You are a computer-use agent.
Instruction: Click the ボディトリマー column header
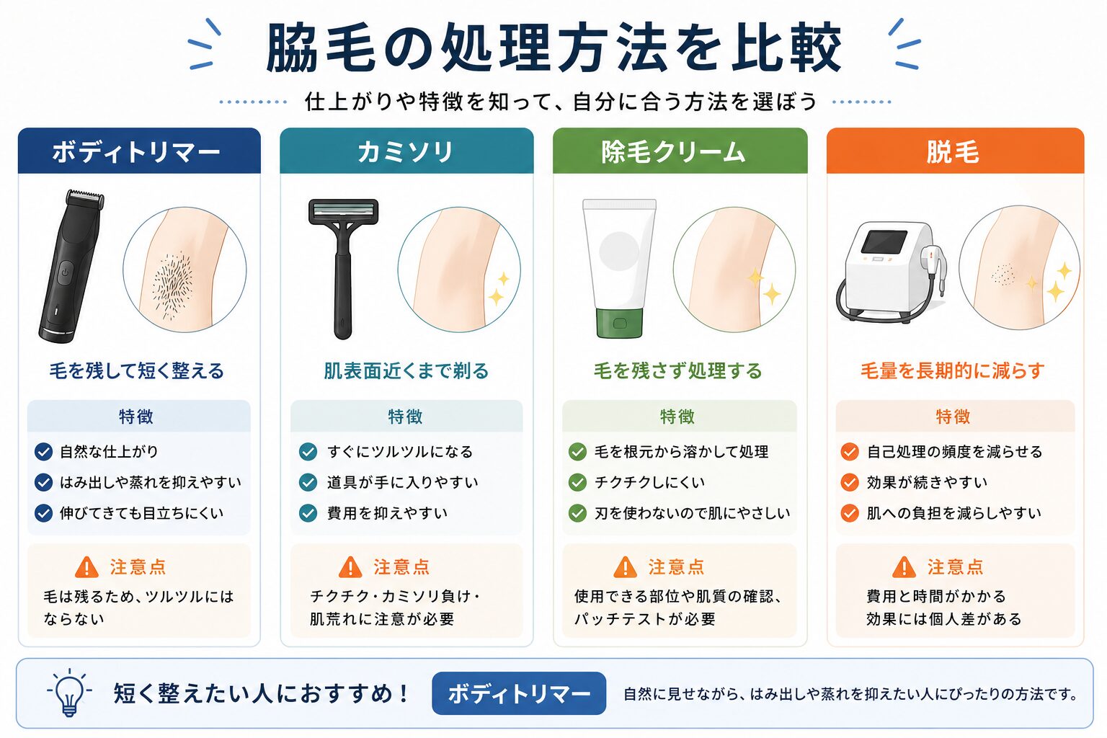[x=139, y=151]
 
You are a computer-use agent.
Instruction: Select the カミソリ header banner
[x=406, y=151]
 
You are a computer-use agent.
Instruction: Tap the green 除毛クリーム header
[x=680, y=151]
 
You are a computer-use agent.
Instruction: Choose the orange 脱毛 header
[x=955, y=151]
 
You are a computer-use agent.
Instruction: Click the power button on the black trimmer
[x=66, y=272]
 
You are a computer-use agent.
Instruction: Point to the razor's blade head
[x=344, y=212]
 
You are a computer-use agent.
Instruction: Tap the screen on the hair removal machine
[x=884, y=242]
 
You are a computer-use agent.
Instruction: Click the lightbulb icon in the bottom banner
[x=69, y=692]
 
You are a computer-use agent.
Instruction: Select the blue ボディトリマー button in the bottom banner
[x=519, y=693]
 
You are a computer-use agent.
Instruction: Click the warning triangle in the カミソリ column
[x=350, y=567]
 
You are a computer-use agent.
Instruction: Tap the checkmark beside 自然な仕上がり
[x=43, y=452]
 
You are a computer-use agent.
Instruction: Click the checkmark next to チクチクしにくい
[x=577, y=482]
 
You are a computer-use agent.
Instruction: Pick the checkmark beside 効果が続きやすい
[x=850, y=482]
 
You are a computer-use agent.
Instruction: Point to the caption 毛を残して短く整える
[x=136, y=370]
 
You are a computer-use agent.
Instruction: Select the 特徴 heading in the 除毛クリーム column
[x=677, y=417]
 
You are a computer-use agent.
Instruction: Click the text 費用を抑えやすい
[x=387, y=513]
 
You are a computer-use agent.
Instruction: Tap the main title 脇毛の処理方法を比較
[x=553, y=48]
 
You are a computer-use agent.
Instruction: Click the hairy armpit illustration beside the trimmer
[x=184, y=270]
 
